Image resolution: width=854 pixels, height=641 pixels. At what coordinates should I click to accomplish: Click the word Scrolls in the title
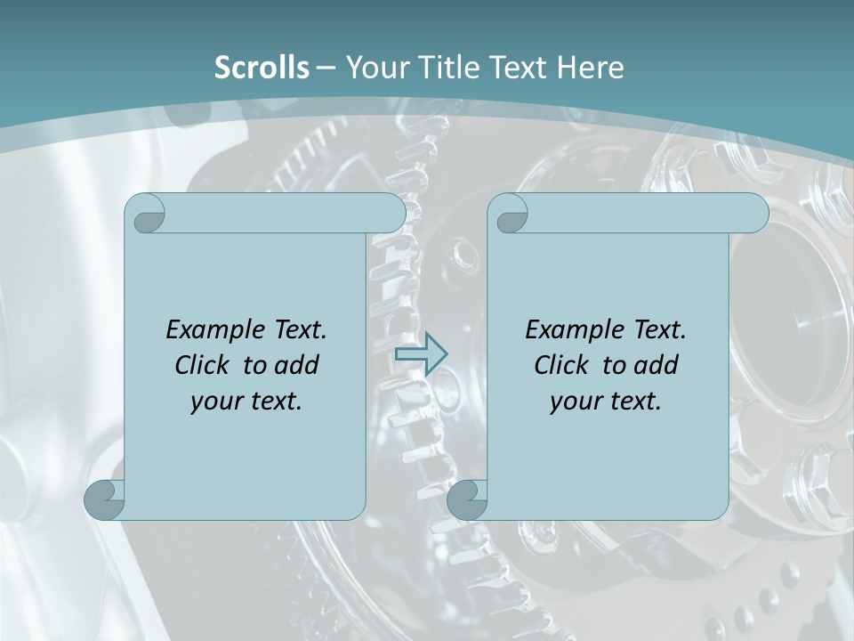tap(262, 67)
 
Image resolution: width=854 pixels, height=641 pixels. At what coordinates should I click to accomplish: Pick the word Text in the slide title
tap(520, 67)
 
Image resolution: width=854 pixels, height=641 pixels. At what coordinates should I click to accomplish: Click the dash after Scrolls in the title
tap(326, 68)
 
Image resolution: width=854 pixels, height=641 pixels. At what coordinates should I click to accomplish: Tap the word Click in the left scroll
tap(204, 365)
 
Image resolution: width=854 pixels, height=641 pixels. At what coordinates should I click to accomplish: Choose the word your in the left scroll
tap(214, 401)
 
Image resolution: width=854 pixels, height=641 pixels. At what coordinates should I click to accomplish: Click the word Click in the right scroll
tap(561, 365)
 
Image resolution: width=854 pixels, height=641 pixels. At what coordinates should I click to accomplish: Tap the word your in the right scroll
tap(574, 401)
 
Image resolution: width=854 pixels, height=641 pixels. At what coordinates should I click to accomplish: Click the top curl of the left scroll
tap(145, 215)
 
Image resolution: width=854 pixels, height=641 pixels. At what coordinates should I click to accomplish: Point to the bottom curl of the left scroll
tap(104, 499)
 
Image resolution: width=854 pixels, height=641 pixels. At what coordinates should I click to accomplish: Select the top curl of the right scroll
tap(509, 215)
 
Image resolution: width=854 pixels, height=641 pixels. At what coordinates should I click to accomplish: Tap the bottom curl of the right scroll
tap(467, 499)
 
